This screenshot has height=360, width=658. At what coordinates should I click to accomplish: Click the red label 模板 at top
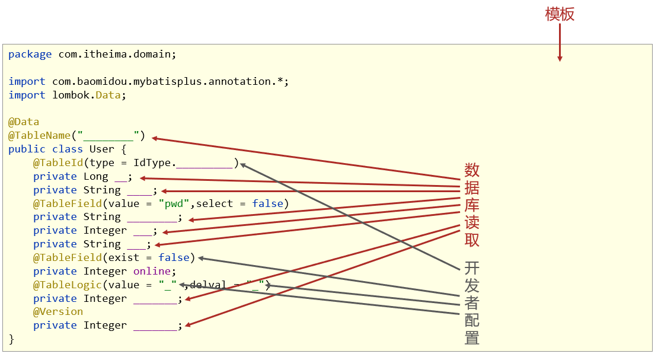[560, 14]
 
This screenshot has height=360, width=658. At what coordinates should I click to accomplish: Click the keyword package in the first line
[30, 55]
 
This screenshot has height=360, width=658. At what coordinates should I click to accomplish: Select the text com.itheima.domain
[114, 54]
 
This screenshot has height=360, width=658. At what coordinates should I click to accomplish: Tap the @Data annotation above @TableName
[24, 122]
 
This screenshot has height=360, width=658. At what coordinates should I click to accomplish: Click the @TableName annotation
[40, 135]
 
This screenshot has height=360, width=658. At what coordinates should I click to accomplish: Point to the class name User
[101, 149]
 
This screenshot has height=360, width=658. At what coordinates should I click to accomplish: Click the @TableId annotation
[58, 163]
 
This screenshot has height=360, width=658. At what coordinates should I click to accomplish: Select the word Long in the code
[95, 176]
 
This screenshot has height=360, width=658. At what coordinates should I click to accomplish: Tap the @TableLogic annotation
[68, 285]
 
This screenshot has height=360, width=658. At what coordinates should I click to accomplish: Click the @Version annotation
[58, 312]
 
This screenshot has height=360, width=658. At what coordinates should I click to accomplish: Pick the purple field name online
[152, 271]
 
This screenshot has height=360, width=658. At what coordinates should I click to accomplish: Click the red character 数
[472, 170]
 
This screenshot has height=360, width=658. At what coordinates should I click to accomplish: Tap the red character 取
[472, 240]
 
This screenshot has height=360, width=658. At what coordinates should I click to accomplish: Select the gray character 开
[472, 268]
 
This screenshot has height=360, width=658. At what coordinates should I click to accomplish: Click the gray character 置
[472, 337]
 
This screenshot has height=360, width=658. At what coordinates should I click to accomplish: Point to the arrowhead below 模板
[560, 58]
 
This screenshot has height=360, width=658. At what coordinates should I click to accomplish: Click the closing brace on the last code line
[11, 339]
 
